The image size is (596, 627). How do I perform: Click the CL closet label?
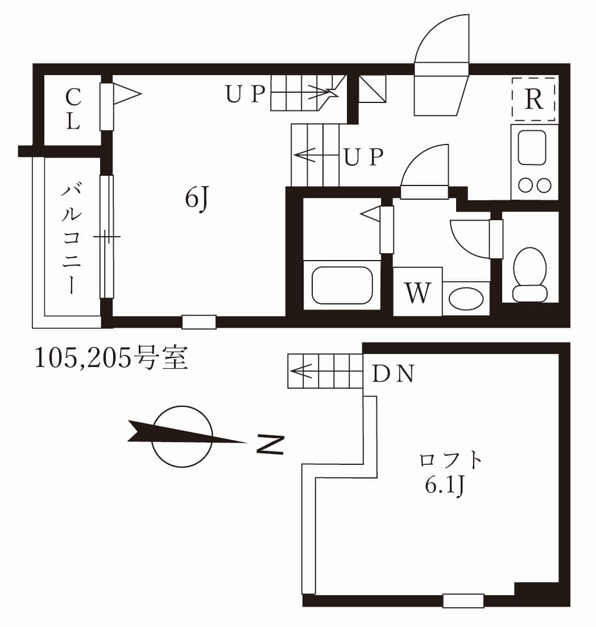[x=73, y=109]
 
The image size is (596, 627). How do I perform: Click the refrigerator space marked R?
[x=533, y=99]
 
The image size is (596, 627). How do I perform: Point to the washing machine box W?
[x=417, y=292]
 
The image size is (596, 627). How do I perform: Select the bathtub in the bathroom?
[x=342, y=285]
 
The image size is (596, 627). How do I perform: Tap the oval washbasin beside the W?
[x=466, y=298]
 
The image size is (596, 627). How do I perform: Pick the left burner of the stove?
[x=524, y=185]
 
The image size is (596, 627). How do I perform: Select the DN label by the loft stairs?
[x=392, y=374]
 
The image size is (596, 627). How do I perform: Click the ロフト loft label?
[x=450, y=460]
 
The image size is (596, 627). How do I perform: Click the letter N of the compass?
[x=270, y=444]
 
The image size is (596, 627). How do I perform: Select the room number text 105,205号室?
[x=111, y=358]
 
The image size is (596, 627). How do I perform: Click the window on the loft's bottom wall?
[x=463, y=600]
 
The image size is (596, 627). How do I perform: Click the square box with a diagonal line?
[x=372, y=89]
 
